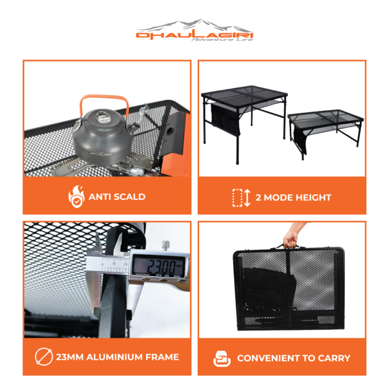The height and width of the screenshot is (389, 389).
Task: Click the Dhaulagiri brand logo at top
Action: coord(194,30)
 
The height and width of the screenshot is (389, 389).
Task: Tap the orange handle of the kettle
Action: coord(104,97)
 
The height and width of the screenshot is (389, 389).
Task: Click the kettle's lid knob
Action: coord(102,115)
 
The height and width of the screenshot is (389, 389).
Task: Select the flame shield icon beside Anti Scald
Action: coord(77,196)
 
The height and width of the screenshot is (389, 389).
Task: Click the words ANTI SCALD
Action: coord(117,196)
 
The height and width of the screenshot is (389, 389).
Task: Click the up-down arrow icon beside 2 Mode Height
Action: coord(247,198)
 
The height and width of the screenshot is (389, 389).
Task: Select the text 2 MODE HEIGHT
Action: coord(294,198)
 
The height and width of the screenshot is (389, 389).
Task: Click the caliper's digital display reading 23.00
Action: coord(158,266)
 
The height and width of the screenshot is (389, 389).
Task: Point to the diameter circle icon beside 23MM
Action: coord(44,357)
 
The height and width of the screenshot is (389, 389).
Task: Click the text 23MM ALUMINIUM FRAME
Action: coord(117,357)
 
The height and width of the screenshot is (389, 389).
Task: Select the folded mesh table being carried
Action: coord(289,289)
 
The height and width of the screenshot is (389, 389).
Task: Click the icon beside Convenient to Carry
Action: coord(222,359)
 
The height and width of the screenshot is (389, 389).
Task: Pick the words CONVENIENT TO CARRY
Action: coord(294,358)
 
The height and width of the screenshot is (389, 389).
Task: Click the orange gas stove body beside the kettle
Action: coord(176,144)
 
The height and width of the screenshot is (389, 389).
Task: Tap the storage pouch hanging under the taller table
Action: coord(225,119)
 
